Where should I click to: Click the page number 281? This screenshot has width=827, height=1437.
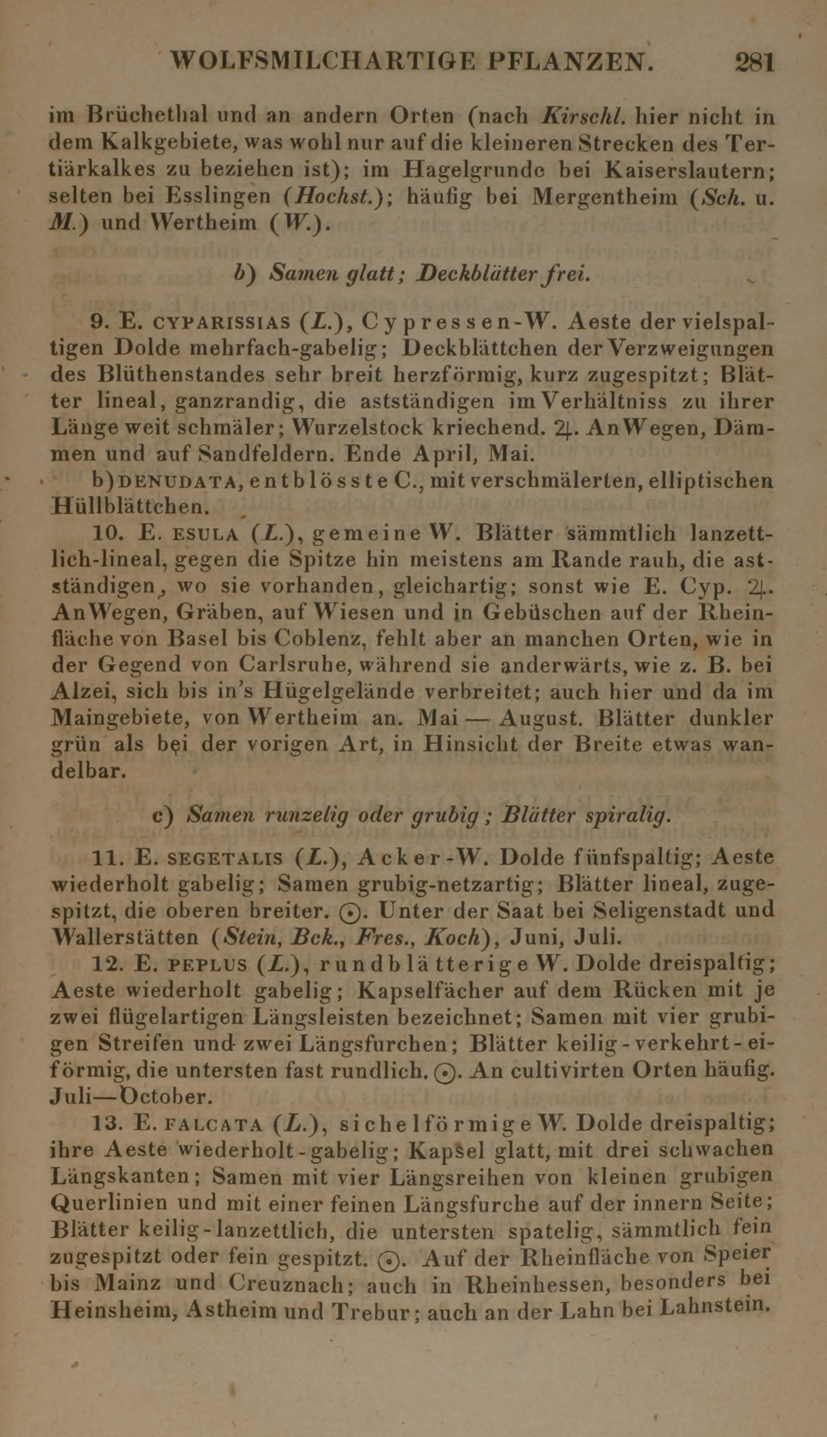click(x=754, y=62)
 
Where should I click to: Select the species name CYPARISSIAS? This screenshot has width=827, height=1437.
click(x=222, y=323)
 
